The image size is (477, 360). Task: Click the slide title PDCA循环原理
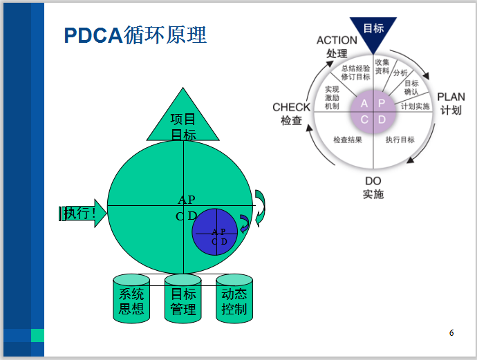(135, 35)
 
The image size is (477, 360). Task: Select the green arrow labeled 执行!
(83, 213)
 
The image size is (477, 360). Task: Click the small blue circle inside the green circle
(215, 232)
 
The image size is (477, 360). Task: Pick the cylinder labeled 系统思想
(131, 299)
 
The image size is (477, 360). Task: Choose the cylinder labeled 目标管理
(183, 299)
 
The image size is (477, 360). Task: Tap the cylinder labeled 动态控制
(234, 299)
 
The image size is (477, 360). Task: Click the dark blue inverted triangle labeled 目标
(373, 32)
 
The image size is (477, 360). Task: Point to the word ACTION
(337, 40)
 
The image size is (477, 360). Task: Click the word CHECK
(291, 107)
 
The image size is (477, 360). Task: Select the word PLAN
(451, 97)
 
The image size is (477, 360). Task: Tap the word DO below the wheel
(373, 181)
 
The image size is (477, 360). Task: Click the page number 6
(451, 332)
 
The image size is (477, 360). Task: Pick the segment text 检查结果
(348, 140)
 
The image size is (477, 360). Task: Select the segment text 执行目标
(400, 140)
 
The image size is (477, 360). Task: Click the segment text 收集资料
(382, 66)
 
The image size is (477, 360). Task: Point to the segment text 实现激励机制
(332, 97)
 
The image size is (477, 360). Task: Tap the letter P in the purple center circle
(382, 104)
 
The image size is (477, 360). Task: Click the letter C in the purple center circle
(364, 120)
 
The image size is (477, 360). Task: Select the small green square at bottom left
(37, 335)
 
